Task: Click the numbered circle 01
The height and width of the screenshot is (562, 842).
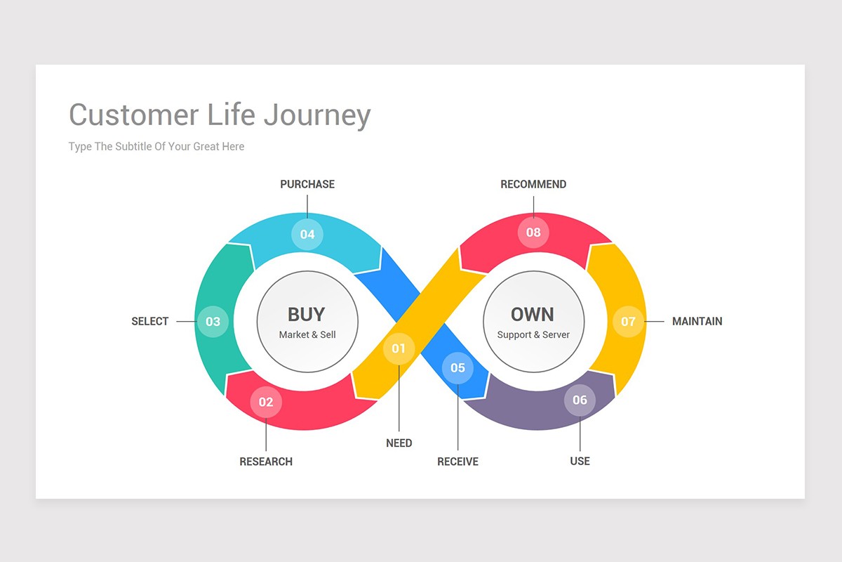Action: tap(399, 348)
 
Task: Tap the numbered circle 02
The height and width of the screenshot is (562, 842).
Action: tap(266, 402)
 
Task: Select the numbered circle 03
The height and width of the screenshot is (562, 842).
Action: tap(213, 322)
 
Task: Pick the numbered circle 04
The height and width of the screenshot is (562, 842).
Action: tap(307, 234)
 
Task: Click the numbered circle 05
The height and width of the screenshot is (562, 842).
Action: tap(457, 368)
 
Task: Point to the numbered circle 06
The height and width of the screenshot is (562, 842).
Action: tap(580, 400)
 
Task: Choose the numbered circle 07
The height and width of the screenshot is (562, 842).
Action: tap(628, 322)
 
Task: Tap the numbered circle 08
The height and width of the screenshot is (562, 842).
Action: tap(533, 233)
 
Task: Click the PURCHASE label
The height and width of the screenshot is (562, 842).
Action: tap(307, 184)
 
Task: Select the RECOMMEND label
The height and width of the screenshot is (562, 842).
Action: tap(533, 184)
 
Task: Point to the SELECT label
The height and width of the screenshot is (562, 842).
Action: tap(149, 321)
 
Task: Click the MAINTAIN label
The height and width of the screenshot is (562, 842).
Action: tap(697, 321)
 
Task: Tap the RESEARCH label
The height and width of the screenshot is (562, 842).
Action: tap(266, 462)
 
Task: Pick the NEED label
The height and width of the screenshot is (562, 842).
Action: tap(399, 443)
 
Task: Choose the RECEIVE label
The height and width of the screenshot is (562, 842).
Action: tap(457, 462)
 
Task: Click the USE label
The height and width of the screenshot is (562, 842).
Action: tap(580, 461)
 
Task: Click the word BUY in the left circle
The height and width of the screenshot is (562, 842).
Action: tap(307, 315)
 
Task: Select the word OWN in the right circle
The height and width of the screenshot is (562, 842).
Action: tap(533, 315)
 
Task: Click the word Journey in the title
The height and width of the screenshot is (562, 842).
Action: tap(317, 116)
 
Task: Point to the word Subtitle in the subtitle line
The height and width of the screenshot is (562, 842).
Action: tap(133, 146)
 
